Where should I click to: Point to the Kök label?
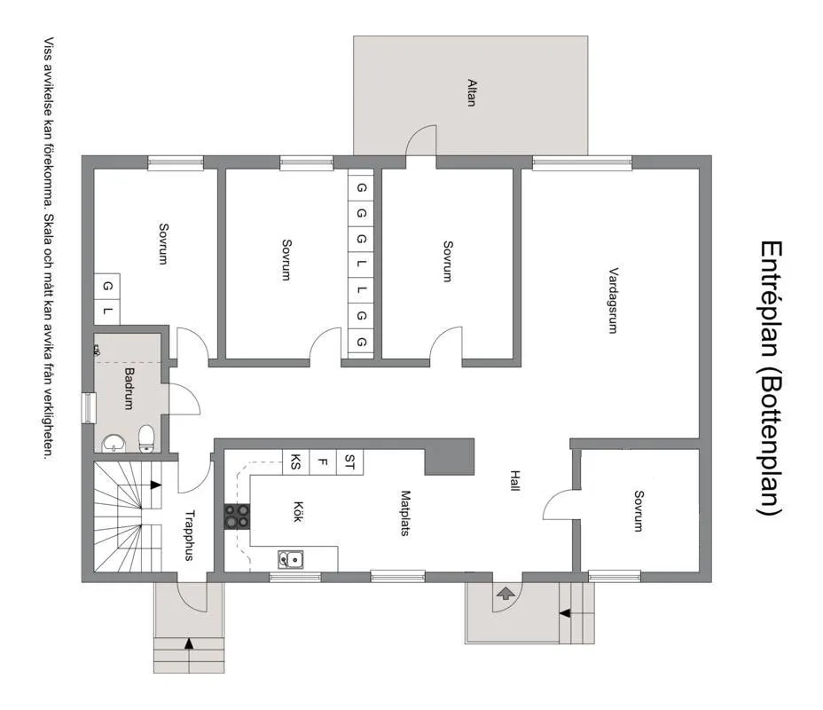tap(298, 513)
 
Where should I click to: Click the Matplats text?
tap(404, 513)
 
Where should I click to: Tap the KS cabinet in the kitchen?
tap(295, 461)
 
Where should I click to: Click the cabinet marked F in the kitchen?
tap(323, 461)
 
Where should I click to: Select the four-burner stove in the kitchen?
tap(237, 516)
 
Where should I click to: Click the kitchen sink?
tap(290, 558)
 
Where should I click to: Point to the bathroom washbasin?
tap(113, 442)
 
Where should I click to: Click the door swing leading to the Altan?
tap(422, 140)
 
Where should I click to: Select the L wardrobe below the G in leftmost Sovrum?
tap(107, 311)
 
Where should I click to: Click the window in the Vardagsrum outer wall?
tap(582, 162)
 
